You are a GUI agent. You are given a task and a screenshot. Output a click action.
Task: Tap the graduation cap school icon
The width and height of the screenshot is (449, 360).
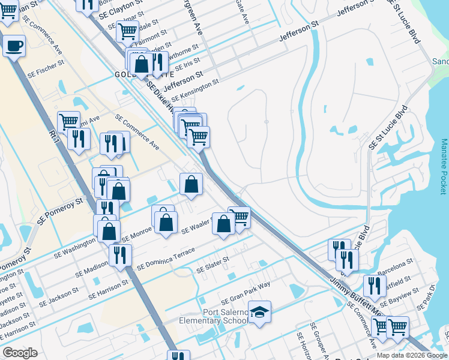pyautogui.click(x=259, y=312)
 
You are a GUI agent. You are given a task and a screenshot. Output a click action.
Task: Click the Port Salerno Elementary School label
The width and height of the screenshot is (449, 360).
pyautogui.click(x=213, y=316)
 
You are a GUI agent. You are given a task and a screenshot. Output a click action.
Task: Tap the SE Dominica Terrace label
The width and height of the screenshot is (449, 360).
pyautogui.click(x=166, y=259)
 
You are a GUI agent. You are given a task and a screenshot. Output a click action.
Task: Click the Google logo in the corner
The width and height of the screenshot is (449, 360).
pyautogui.click(x=20, y=352)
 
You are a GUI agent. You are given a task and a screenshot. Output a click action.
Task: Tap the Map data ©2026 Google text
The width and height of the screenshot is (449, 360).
pyautogui.click(x=412, y=355)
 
